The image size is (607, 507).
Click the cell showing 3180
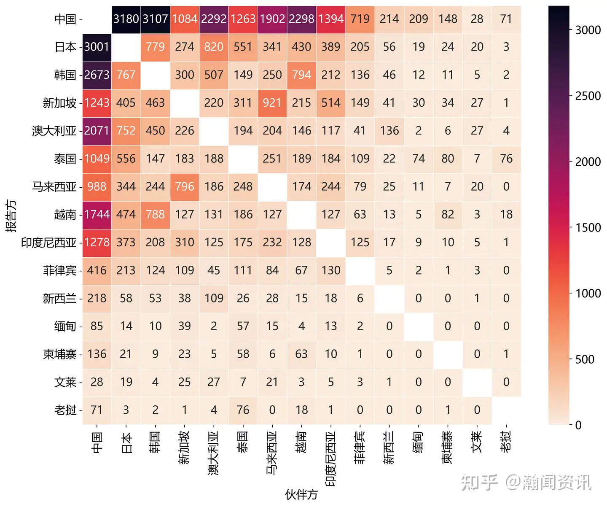pyautogui.click(x=126, y=19)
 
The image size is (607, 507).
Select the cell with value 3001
pyautogui.click(x=97, y=47)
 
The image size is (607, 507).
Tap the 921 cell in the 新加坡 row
pyautogui.click(x=272, y=103)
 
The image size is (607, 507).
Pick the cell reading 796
pyautogui.click(x=185, y=186)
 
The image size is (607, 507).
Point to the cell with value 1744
pyautogui.click(x=97, y=214)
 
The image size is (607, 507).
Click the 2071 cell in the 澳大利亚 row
pyautogui.click(x=97, y=131)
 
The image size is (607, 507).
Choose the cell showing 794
pyautogui.click(x=301, y=75)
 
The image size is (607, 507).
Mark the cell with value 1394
pyautogui.click(x=331, y=19)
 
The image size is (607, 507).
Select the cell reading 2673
pyautogui.click(x=97, y=75)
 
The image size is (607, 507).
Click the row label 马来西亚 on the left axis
pyautogui.click(x=54, y=186)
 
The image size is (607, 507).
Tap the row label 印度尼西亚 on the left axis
pyautogui.click(x=49, y=243)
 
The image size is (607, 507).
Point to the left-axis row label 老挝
pyautogui.click(x=65, y=410)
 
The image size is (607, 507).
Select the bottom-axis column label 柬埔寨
pyautogui.click(x=448, y=447)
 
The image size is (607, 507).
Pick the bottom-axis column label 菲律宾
pyautogui.click(x=360, y=447)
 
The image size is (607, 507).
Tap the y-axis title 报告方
pyautogui.click(x=11, y=216)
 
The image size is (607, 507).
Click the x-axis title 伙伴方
pyautogui.click(x=301, y=494)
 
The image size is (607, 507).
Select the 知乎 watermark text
pyautogui.click(x=479, y=482)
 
